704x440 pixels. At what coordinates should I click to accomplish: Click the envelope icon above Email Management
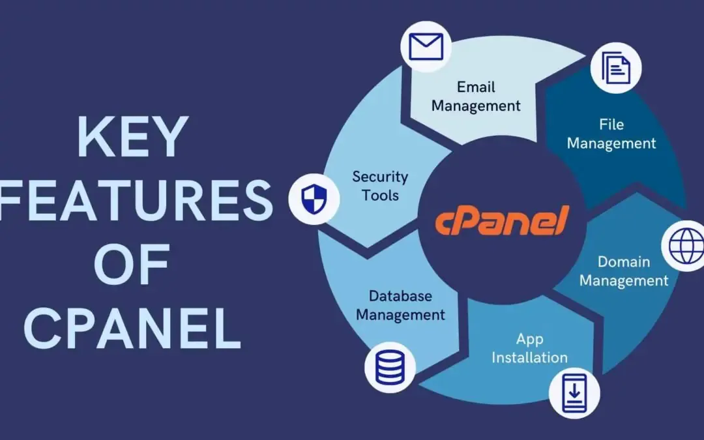pyautogui.click(x=426, y=46)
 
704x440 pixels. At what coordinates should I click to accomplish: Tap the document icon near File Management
pyautogui.click(x=615, y=68)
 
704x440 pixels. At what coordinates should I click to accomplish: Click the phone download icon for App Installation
pyautogui.click(x=573, y=394)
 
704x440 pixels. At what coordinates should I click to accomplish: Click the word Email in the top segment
pyautogui.click(x=476, y=87)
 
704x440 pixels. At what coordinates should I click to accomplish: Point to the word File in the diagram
pyautogui.click(x=611, y=124)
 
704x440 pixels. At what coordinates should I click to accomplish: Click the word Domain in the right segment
pyautogui.click(x=624, y=261)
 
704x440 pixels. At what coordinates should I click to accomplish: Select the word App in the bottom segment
pyautogui.click(x=529, y=338)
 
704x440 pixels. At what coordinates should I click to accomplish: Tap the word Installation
pyautogui.click(x=529, y=357)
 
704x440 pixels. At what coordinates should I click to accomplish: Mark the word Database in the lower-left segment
pyautogui.click(x=400, y=296)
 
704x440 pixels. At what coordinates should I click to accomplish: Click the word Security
pyautogui.click(x=380, y=176)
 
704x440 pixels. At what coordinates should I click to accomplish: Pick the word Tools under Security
pyautogui.click(x=380, y=195)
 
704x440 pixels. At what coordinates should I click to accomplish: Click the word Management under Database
pyautogui.click(x=400, y=315)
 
